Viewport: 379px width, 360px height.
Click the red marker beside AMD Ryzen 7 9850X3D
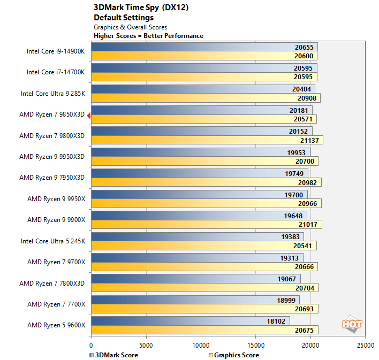pyautogui.click(x=89, y=115)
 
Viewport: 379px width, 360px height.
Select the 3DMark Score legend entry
pyautogui.click(x=113, y=355)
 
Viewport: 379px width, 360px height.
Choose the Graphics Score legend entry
pyautogui.click(x=234, y=355)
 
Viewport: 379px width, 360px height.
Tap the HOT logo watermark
pyautogui.click(x=352, y=324)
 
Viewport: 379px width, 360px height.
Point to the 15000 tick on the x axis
pyautogui.click(x=256, y=346)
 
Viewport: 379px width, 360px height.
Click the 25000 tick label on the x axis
pyautogui.click(x=366, y=346)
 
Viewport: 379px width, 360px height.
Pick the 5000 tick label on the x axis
pyautogui.click(x=146, y=346)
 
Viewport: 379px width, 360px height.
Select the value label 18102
pyautogui.click(x=278, y=321)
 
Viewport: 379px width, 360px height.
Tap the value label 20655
pyautogui.click(x=306, y=47)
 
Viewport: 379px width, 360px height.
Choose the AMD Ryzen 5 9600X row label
pyautogui.click(x=56, y=325)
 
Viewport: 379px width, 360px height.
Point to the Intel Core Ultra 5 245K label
pyautogui.click(x=53, y=241)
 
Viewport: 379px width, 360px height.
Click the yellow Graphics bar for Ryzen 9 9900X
pyautogui.click(x=206, y=225)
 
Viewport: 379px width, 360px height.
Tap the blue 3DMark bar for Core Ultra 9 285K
pyautogui.click(x=203, y=89)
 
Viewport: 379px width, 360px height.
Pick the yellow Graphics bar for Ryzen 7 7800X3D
pyautogui.click(x=204, y=287)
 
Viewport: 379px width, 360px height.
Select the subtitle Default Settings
pyautogui.click(x=124, y=18)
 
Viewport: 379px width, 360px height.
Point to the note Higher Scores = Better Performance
pyautogui.click(x=148, y=36)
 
